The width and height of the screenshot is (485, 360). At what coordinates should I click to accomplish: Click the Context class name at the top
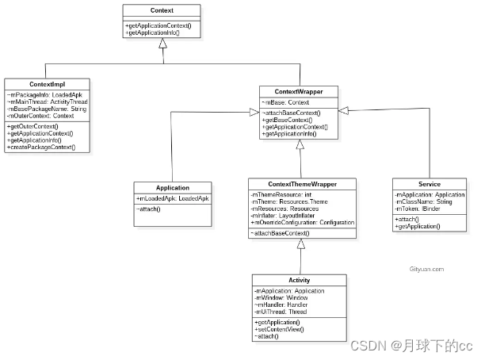coord(161,11)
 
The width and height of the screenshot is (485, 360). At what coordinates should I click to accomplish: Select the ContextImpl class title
coord(47,84)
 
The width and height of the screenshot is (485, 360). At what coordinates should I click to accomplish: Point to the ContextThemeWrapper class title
coord(303,184)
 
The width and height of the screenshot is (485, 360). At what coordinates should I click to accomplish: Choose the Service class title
coord(429,184)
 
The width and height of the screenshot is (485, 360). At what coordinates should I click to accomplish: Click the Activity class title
coord(300,281)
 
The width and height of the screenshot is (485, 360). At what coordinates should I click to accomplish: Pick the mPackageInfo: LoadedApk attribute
coord(40,95)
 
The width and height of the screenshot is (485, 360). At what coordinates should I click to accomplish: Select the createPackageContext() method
coord(41,148)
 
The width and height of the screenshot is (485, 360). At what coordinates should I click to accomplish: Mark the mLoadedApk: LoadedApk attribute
coord(173,198)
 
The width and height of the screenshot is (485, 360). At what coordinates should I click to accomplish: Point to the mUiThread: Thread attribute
coord(281,312)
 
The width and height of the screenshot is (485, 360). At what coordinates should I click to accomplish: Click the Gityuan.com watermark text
coord(426,269)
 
